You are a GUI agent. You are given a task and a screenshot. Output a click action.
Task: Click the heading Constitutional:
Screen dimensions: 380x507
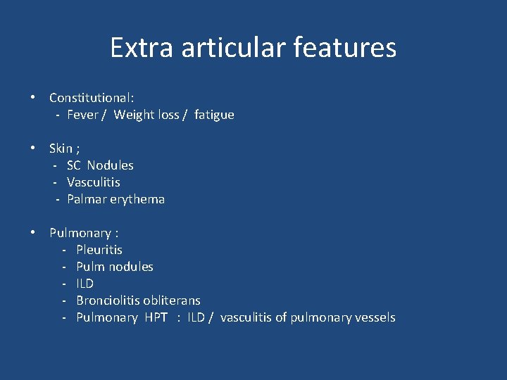click(x=92, y=97)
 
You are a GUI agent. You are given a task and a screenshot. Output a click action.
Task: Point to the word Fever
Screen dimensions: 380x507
click(x=82, y=114)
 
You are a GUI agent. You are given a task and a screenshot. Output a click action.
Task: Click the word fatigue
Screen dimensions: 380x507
click(x=214, y=114)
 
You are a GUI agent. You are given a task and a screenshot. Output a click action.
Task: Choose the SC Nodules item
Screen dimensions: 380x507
click(x=100, y=165)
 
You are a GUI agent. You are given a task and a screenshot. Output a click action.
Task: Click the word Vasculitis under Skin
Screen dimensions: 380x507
click(x=94, y=182)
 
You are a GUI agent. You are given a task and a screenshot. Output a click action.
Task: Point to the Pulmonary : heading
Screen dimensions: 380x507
click(x=84, y=232)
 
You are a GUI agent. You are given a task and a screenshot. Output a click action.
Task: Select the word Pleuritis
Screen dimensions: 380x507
click(x=99, y=249)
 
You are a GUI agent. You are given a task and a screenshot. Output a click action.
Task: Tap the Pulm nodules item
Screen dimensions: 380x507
click(x=115, y=267)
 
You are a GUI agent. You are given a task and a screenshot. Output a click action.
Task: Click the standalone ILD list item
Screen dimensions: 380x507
click(x=84, y=284)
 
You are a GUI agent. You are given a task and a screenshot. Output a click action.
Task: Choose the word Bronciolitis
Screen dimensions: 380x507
click(x=107, y=300)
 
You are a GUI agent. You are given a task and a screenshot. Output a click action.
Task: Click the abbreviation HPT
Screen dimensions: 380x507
click(x=156, y=317)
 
